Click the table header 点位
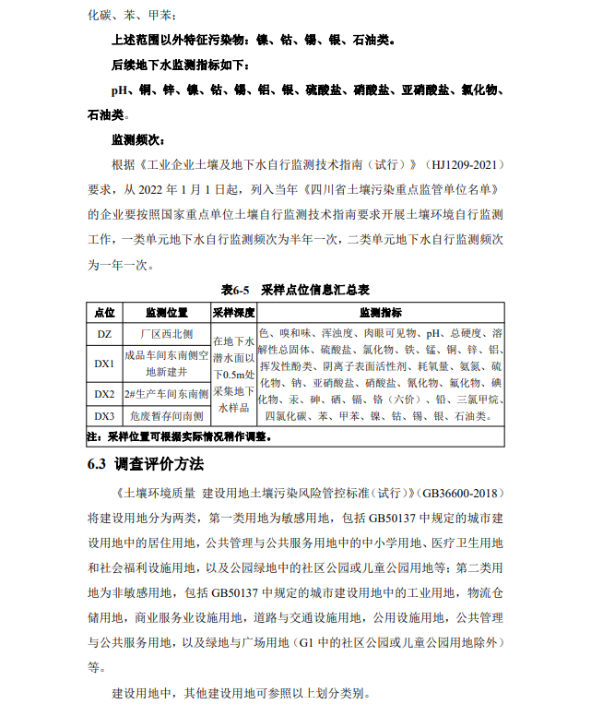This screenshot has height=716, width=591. coord(104,313)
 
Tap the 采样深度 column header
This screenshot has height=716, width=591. coord(232,313)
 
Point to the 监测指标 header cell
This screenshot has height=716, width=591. coord(380,313)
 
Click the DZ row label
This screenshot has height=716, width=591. coord(104,333)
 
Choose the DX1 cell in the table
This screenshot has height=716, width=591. coord(104,363)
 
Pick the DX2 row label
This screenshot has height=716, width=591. coord(104,394)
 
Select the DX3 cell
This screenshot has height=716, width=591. coord(104,415)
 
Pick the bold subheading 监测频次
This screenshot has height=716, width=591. coord(140,140)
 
